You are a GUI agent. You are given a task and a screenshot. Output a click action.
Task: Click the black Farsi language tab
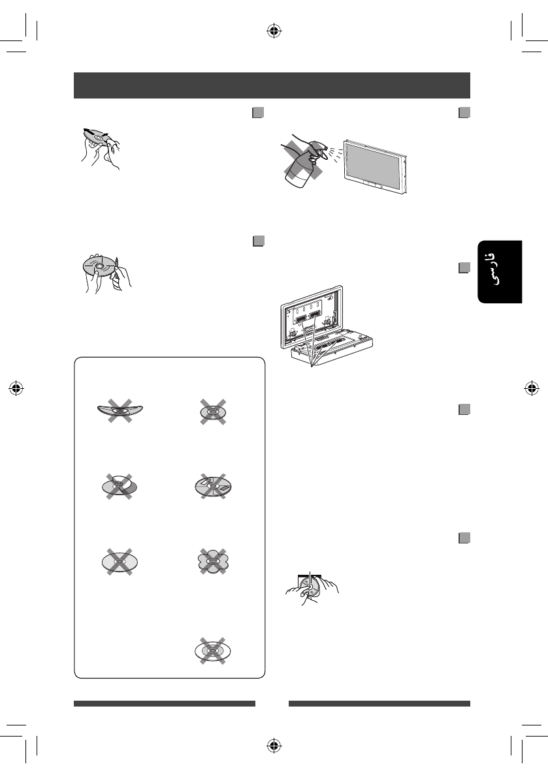(500, 271)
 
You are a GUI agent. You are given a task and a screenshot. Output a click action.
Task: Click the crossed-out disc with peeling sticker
(120, 487)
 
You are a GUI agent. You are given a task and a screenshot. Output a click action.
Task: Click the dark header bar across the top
(272, 85)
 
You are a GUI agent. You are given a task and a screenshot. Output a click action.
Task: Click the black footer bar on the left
(164, 704)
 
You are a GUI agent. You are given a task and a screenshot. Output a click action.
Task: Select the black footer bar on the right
(379, 704)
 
